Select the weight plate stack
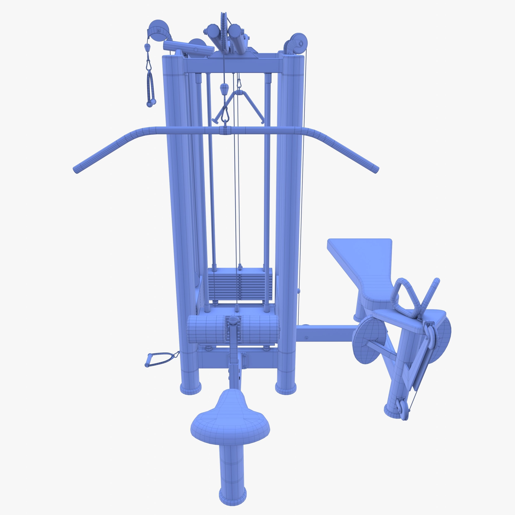coord(240,285)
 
